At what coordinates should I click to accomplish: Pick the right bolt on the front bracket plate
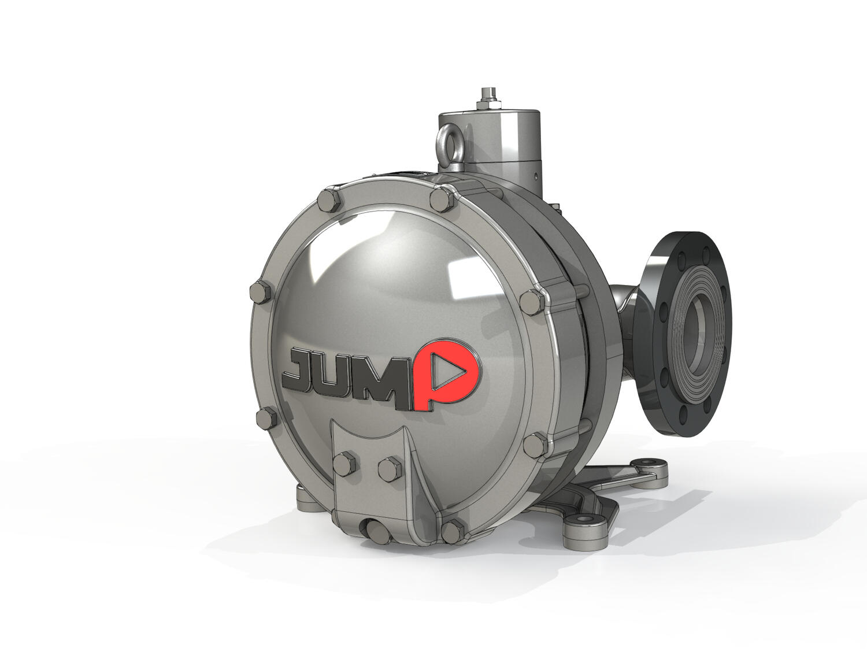pyautogui.click(x=390, y=469)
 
